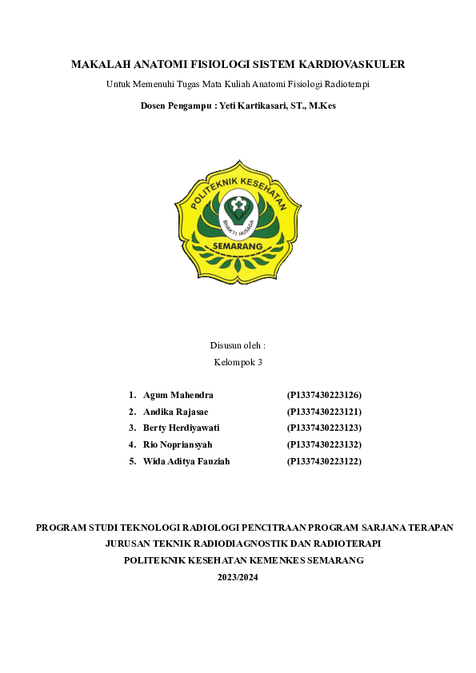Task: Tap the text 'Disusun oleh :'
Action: point(238,345)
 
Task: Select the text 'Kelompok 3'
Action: point(238,362)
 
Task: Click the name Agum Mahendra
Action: point(178,395)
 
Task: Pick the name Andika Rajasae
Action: point(175,412)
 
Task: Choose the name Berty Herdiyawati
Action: point(182,428)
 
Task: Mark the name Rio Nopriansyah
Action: point(178,444)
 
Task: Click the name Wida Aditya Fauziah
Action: point(186,461)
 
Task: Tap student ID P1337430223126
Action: point(324,395)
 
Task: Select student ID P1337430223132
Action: point(324,444)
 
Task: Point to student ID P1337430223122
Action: point(324,461)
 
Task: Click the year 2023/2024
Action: point(238,577)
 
